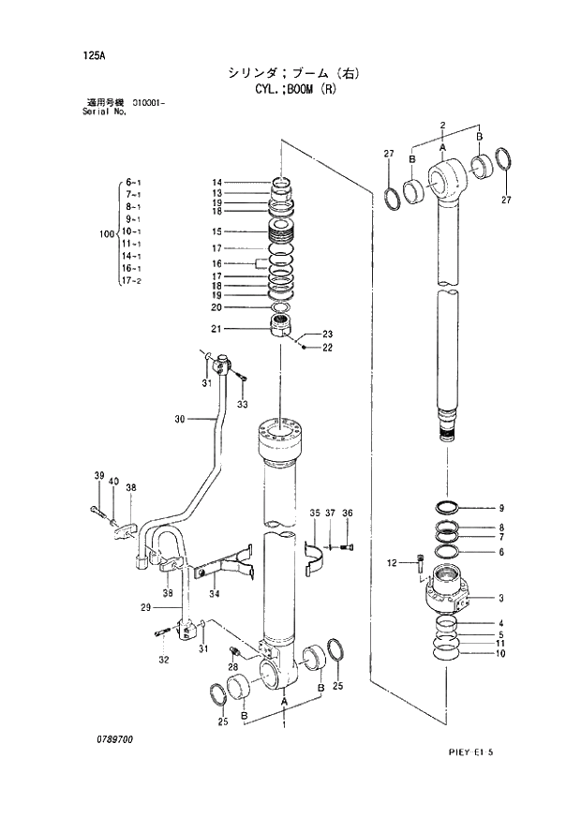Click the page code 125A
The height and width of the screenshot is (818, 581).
coord(93,54)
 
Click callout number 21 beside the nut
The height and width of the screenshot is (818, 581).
coord(216,328)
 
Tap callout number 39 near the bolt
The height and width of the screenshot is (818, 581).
coord(97,477)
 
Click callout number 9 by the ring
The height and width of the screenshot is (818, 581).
coord(501,508)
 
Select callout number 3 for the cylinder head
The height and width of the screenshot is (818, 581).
coord(501,598)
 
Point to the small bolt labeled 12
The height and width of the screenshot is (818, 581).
coord(420,564)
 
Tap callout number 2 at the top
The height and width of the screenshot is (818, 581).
coord(441,125)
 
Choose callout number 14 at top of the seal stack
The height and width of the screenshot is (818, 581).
coord(216,183)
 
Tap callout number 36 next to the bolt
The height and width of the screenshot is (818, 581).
coord(348,513)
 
